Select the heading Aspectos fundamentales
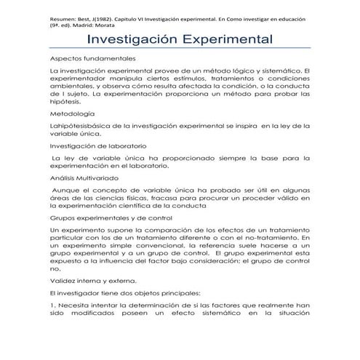click(92, 59)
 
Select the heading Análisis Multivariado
click(87, 177)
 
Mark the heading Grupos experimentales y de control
click(111, 218)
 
